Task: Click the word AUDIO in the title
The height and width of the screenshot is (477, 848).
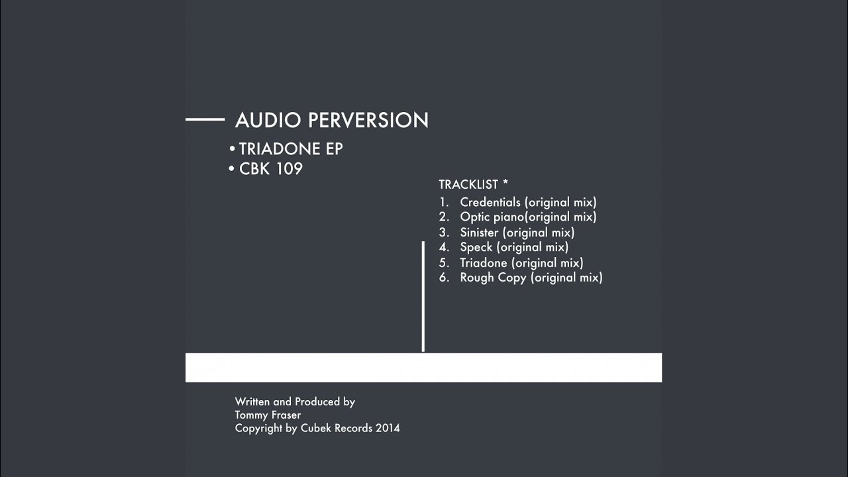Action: (268, 120)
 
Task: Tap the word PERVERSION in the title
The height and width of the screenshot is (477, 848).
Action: (368, 120)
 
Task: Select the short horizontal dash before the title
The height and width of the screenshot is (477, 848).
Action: (205, 119)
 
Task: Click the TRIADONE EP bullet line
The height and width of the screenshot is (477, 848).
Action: (286, 149)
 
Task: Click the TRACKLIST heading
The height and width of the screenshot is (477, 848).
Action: (468, 184)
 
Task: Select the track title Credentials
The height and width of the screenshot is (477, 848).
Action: (490, 202)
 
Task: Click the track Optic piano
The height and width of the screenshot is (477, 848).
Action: (492, 217)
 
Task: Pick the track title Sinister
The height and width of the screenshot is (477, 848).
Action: (479, 232)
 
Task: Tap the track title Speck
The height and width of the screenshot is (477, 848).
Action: (476, 247)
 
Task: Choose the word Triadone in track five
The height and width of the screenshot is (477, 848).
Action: (484, 263)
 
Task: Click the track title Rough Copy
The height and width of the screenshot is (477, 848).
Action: (493, 278)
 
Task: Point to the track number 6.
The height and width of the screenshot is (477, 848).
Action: (444, 278)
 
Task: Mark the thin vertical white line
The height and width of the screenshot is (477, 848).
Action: (423, 296)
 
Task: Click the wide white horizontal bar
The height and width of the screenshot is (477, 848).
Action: (423, 368)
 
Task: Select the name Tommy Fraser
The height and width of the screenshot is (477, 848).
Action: (268, 415)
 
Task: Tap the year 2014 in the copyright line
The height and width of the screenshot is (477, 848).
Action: (388, 428)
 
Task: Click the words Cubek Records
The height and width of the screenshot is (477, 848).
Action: (337, 428)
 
